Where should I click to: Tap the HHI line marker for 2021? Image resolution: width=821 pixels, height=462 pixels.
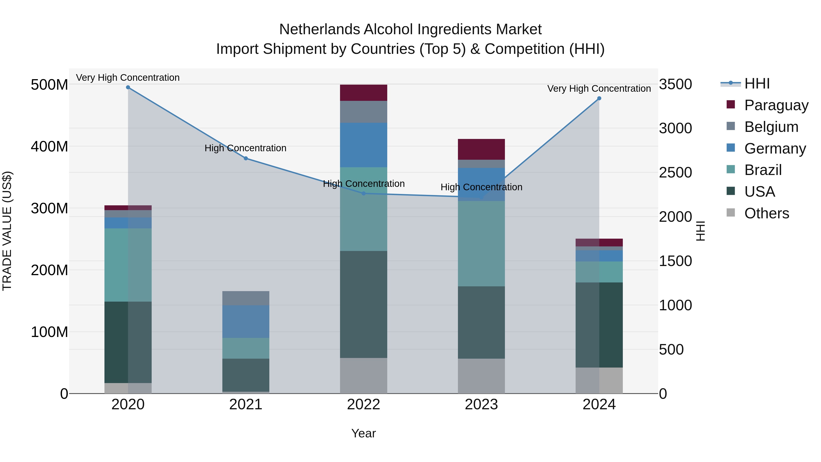246,158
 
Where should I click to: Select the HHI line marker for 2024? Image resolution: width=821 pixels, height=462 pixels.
599,98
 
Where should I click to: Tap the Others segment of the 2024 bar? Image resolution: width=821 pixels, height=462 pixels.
599,380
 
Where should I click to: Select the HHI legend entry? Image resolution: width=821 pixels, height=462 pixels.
757,84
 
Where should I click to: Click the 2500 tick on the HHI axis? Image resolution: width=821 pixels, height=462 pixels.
675,172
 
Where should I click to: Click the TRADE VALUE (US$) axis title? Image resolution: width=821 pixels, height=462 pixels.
7,231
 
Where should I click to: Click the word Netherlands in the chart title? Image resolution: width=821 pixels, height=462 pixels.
320,29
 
